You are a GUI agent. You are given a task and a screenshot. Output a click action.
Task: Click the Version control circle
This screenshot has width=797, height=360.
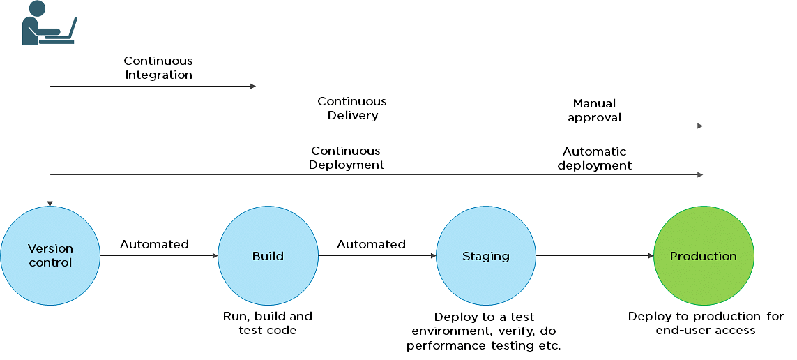click(x=50, y=256)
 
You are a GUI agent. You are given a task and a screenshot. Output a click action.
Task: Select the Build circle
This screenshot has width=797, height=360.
click(x=268, y=256)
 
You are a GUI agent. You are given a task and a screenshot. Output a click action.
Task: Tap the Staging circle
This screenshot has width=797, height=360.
click(x=486, y=256)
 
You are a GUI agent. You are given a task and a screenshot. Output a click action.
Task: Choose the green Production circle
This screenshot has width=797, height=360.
click(x=704, y=256)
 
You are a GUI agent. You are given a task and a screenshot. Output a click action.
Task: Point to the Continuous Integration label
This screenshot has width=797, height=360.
click(x=158, y=68)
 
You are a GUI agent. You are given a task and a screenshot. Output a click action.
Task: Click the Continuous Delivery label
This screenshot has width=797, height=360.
click(x=352, y=108)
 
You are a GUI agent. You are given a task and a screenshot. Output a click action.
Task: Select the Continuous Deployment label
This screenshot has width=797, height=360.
click(x=346, y=158)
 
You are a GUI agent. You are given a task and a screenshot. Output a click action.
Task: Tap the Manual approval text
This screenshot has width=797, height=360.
click(x=594, y=110)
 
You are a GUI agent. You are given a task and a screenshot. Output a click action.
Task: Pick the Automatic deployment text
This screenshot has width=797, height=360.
click(x=595, y=158)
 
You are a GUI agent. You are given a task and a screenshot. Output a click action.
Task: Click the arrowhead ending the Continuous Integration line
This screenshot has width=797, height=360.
click(x=253, y=87)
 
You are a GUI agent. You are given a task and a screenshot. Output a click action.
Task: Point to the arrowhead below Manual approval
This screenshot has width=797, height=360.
click(x=700, y=126)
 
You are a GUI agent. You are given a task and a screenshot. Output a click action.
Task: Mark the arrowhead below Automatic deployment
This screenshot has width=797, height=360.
click(x=700, y=175)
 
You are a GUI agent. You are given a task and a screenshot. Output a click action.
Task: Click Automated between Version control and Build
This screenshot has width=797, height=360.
click(x=154, y=245)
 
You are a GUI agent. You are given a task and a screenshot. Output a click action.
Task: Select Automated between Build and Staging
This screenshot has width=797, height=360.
click(x=371, y=245)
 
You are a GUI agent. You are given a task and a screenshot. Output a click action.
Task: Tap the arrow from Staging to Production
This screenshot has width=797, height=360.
click(x=595, y=256)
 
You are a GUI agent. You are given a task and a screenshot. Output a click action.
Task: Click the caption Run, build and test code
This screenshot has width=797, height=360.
click(x=268, y=323)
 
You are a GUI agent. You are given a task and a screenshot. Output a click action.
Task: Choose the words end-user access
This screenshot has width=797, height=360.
click(x=706, y=331)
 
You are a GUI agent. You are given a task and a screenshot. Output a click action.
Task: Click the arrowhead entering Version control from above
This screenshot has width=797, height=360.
click(x=50, y=204)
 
